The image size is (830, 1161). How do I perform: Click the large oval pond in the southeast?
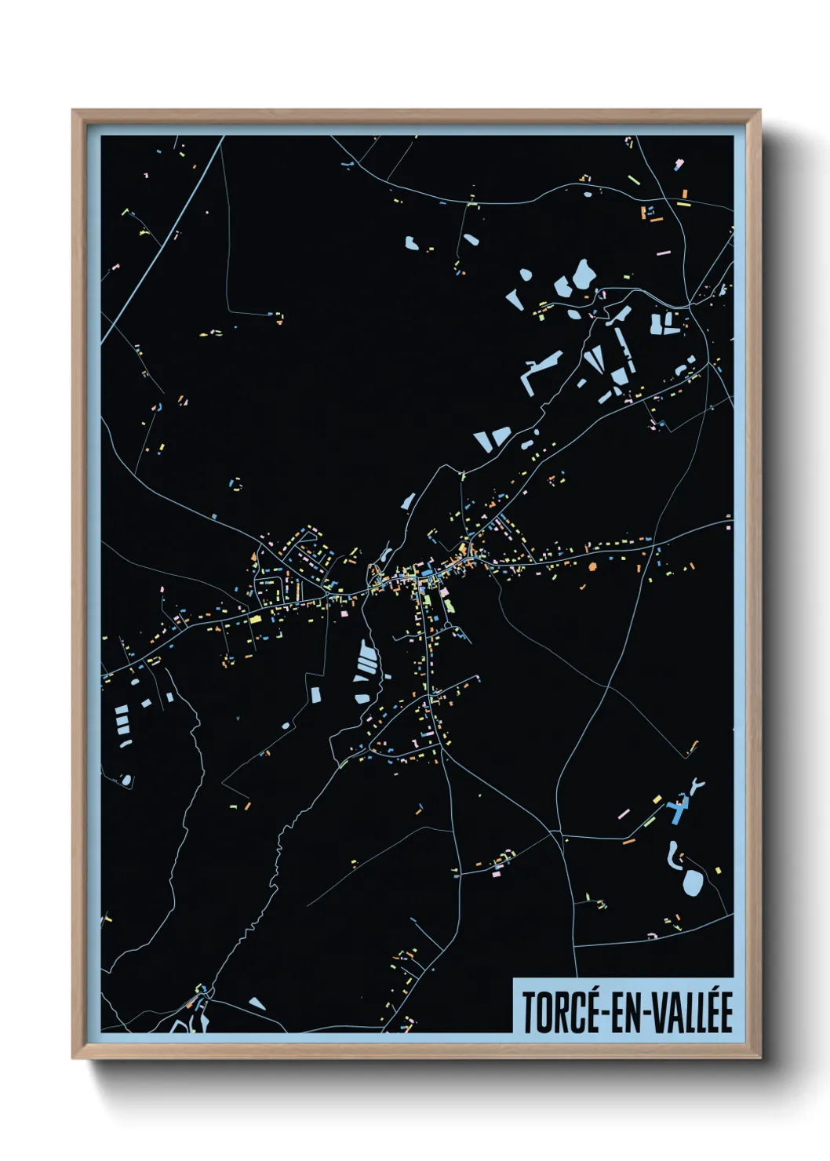[x=693, y=883]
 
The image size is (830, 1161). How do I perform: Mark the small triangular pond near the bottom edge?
[x=257, y=1003]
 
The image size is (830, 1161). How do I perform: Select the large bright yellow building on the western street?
[x=255, y=619]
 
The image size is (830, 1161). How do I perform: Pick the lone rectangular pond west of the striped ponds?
[x=315, y=695]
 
